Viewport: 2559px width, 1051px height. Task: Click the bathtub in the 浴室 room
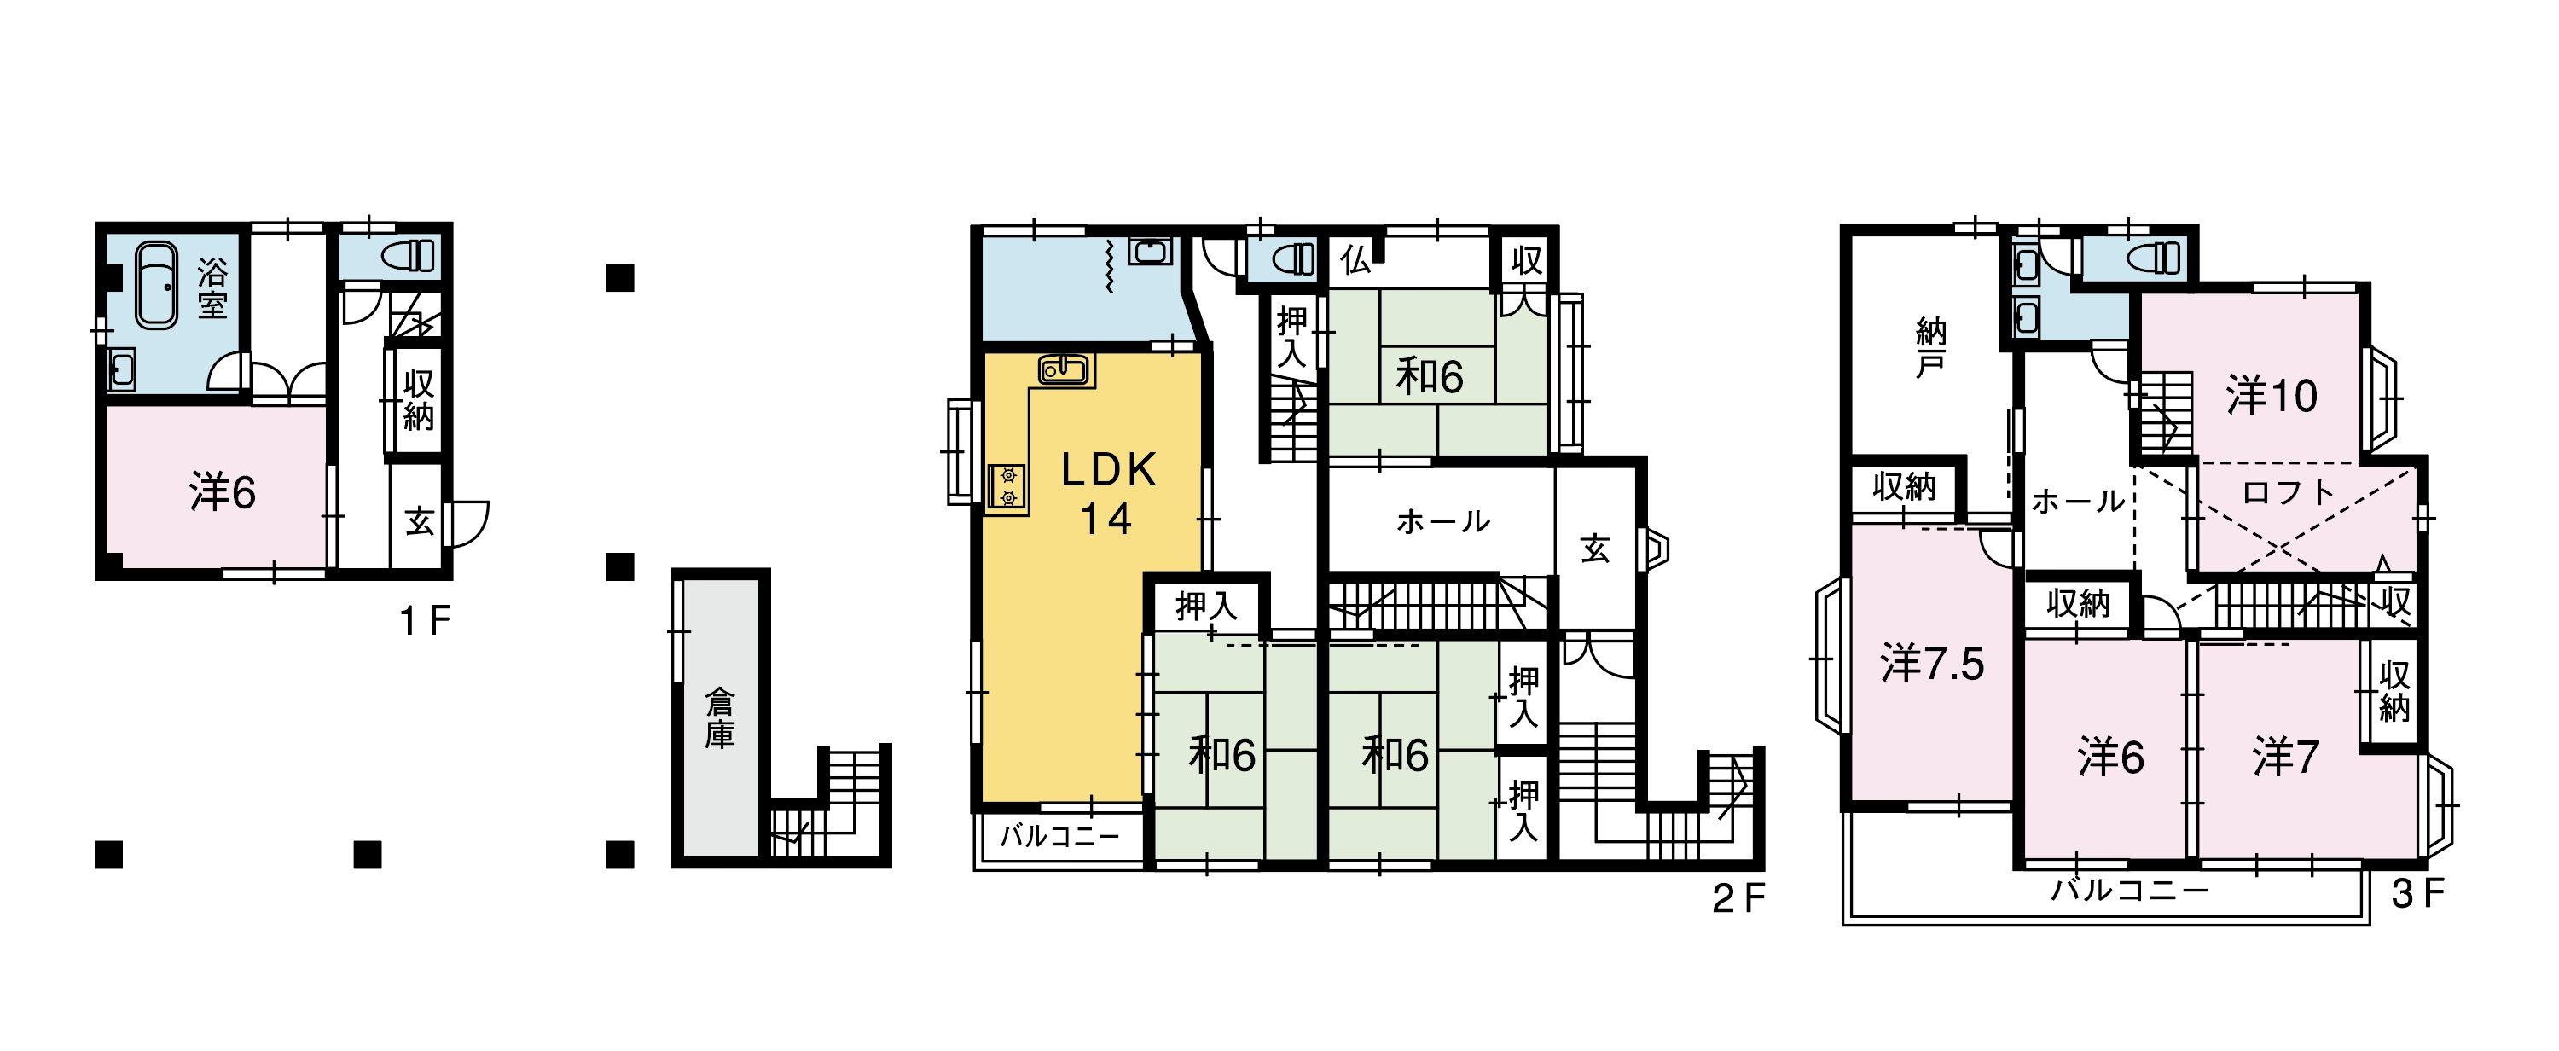pyautogui.click(x=156, y=284)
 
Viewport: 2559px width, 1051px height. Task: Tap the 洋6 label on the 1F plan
pyautogui.click(x=223, y=491)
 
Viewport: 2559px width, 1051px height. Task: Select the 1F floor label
pyautogui.click(x=425, y=621)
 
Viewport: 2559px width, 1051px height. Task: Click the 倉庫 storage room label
pyautogui.click(x=720, y=718)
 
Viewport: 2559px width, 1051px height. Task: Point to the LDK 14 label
pyautogui.click(x=1108, y=494)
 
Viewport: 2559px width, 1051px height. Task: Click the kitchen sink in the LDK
pyautogui.click(x=1064, y=369)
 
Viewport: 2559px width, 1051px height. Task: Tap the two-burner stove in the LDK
pyautogui.click(x=1007, y=487)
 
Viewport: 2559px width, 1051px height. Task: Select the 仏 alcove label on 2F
pyautogui.click(x=1355, y=260)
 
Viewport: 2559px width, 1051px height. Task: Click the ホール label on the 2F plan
pyautogui.click(x=1442, y=520)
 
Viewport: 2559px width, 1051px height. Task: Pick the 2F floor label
pyautogui.click(x=1738, y=898)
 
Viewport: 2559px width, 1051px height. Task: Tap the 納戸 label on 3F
pyautogui.click(x=1930, y=348)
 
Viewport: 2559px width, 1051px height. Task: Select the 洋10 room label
pyautogui.click(x=2271, y=395)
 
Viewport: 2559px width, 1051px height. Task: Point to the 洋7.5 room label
pyautogui.click(x=1932, y=664)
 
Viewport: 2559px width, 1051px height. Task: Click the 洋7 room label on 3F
pyautogui.click(x=2286, y=757)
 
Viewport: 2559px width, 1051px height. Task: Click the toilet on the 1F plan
pyautogui.click(x=409, y=255)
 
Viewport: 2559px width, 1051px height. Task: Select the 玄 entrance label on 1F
pyautogui.click(x=419, y=520)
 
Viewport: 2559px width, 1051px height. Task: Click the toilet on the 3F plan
pyautogui.click(x=2154, y=258)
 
